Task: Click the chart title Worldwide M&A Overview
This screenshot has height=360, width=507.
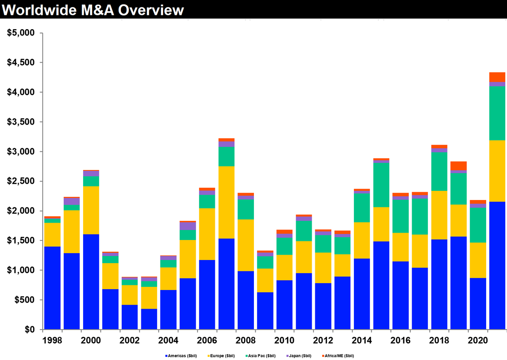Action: tap(94, 10)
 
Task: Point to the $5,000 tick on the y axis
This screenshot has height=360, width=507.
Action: tap(22, 33)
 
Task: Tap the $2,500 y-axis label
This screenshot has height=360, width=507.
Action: tap(22, 181)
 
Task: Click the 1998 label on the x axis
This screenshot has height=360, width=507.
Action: tap(52, 341)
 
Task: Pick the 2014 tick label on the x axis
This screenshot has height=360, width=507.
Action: tap(363, 341)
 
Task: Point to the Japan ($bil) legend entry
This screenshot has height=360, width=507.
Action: tap(298, 356)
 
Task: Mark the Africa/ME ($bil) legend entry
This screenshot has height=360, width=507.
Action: tap(337, 356)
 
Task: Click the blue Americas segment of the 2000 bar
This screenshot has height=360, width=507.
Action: tap(91, 282)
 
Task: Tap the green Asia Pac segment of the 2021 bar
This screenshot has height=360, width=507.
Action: tap(497, 113)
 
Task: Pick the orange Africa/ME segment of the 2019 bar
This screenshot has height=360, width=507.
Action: tap(459, 166)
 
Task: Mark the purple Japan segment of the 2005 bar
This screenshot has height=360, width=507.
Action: tap(188, 226)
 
